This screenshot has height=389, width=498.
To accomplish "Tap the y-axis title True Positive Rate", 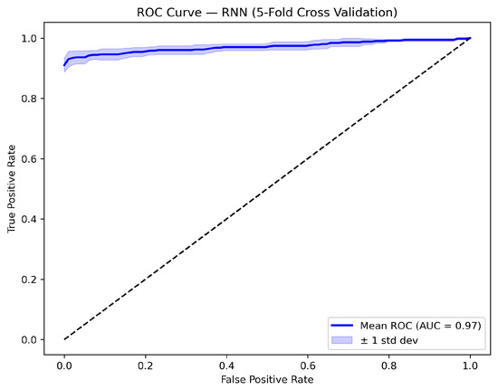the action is click(x=12, y=189).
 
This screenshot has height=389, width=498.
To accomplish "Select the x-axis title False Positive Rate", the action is click(x=267, y=379).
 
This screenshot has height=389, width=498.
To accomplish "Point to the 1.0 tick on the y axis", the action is click(x=29, y=38).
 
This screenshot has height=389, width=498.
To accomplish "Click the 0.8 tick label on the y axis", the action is click(x=29, y=99).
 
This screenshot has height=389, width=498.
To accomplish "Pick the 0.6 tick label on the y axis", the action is click(x=29, y=159).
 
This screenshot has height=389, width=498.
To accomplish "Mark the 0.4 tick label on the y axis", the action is click(x=29, y=219).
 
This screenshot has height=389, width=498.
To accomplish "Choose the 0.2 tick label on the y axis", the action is click(x=29, y=280).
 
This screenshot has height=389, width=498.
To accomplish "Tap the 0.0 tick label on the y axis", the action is click(x=29, y=340).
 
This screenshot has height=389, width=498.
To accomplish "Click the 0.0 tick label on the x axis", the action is click(x=64, y=365).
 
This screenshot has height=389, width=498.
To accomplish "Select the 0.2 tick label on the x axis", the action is click(x=146, y=365).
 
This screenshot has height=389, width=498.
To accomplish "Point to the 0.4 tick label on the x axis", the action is click(x=226, y=365).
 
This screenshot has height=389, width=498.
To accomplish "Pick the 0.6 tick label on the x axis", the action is click(x=308, y=365).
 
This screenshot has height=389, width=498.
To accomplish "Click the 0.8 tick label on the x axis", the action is click(x=389, y=365).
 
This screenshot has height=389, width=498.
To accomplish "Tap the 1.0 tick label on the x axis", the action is click(x=470, y=365).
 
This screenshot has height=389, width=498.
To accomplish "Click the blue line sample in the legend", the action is click(x=342, y=326).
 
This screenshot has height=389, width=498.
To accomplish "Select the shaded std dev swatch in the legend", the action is click(x=342, y=340).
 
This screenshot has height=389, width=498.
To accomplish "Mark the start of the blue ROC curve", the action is click(x=64, y=66).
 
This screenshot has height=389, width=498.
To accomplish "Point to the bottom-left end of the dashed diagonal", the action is click(x=64, y=339).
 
